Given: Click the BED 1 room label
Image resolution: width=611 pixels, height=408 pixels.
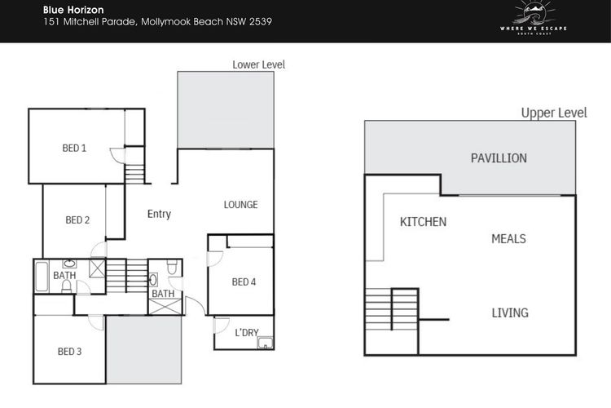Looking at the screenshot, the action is tap(74, 148).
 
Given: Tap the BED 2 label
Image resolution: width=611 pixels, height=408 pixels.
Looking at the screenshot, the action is tap(77, 220).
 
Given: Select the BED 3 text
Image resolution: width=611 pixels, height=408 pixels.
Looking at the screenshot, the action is tap(70, 352).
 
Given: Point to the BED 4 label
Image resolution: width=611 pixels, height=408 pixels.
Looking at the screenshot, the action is tap(244, 282).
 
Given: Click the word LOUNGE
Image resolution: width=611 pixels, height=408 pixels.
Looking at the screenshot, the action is tap(240, 205).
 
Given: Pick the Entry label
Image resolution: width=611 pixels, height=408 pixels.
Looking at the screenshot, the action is tap(159, 214).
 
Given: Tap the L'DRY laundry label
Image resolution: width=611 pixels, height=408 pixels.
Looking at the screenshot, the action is tap(247, 332).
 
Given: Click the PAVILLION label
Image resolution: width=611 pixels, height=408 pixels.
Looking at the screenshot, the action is tap(499, 158).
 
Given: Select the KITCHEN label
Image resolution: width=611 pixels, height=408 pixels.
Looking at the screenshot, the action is tap(423, 222).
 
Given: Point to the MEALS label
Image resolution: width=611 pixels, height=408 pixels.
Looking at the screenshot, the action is tap(508, 238).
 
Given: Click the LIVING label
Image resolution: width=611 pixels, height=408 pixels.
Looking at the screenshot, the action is tap(510, 313).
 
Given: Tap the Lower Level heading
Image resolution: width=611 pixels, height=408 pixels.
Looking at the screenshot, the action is tap(259, 64).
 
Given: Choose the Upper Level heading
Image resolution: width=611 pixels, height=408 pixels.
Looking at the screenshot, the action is tap(554, 113).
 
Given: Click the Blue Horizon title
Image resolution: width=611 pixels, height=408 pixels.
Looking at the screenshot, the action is tap(73, 10).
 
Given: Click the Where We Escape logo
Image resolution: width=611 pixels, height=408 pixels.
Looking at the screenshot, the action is tap(534, 18).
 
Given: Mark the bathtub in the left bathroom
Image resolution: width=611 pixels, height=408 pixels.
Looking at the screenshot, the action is tap(42, 277).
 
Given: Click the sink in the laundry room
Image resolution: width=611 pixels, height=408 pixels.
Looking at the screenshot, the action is tap(265, 344).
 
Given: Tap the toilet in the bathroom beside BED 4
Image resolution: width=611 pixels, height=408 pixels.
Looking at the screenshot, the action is tap(172, 267).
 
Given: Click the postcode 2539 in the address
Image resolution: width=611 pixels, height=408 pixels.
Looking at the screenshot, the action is tap(261, 21).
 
